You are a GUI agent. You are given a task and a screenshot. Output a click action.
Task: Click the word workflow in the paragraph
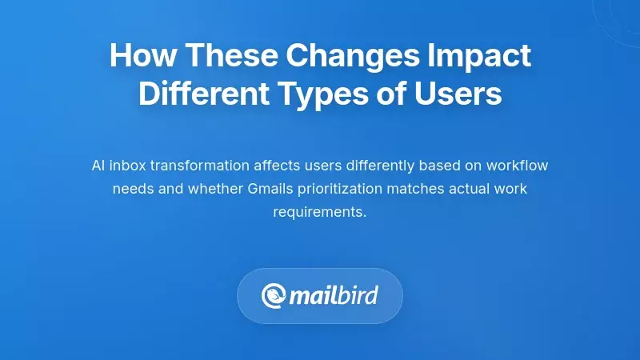[x=519, y=166]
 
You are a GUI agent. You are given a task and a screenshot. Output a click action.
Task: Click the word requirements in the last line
[x=319, y=212]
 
